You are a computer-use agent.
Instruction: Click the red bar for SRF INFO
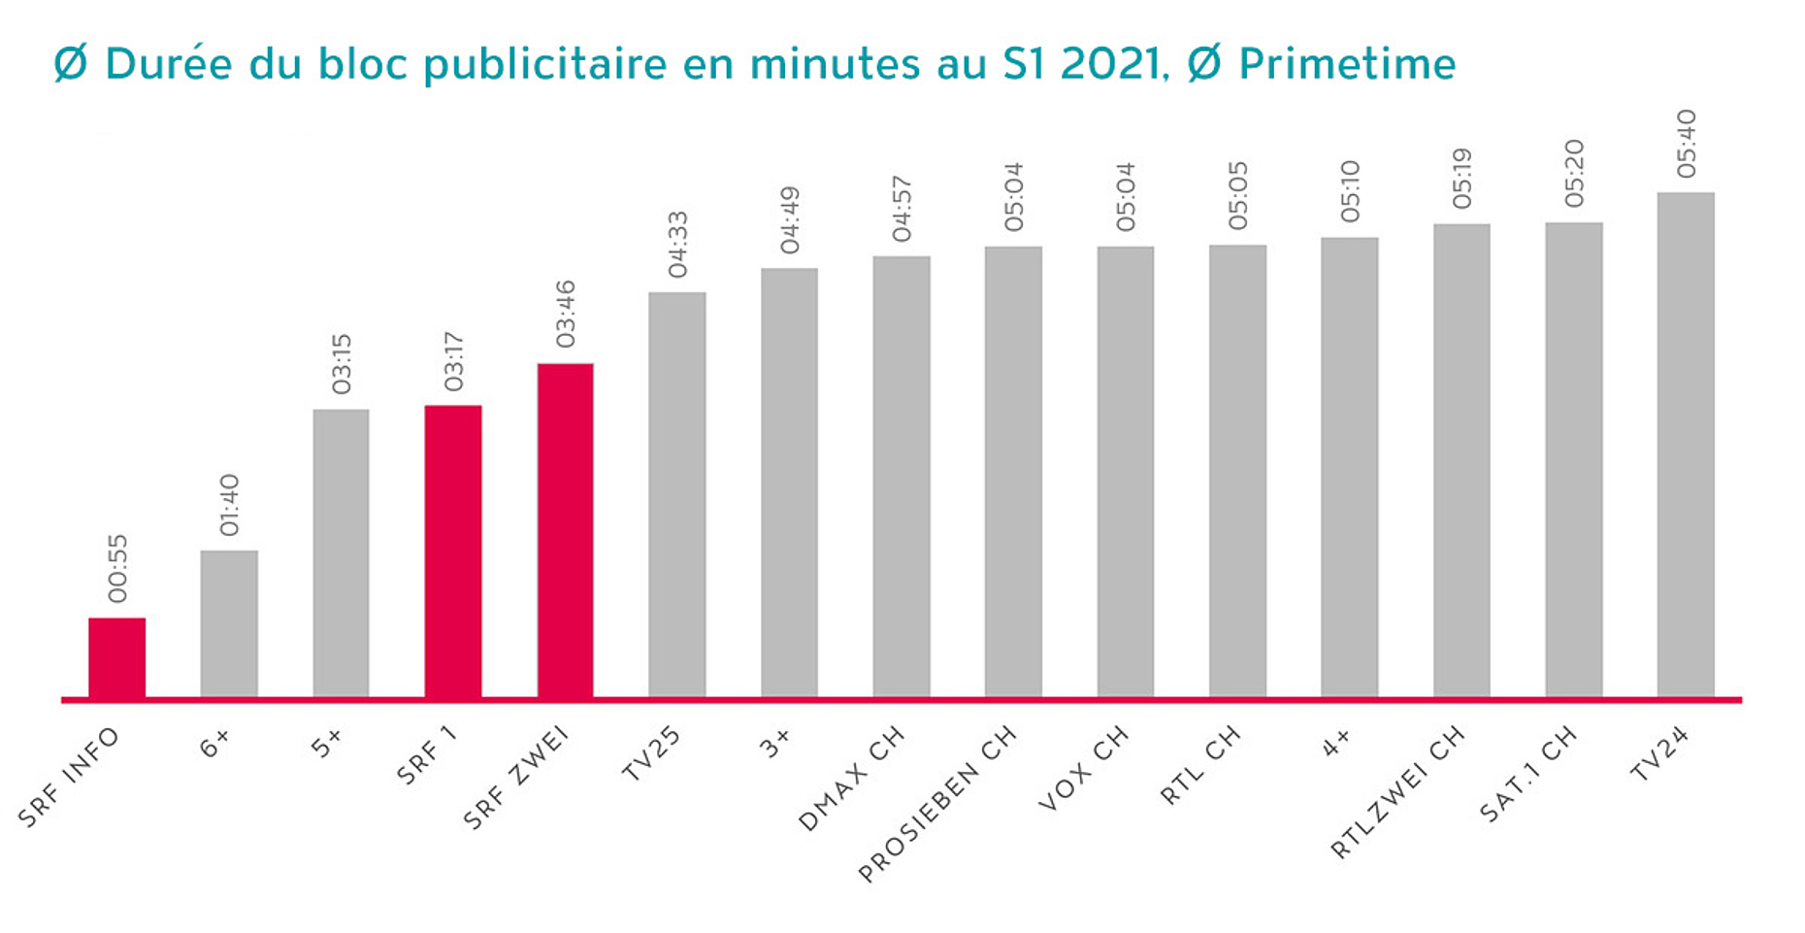pos(116,657)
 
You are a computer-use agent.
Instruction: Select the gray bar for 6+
pos(229,623)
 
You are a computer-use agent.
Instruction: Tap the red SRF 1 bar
pos(452,550)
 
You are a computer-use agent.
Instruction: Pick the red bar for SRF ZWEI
pos(565,530)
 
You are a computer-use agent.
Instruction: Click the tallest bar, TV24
pos(1686,445)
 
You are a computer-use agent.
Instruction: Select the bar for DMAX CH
pos(902,476)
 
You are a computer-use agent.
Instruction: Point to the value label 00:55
pos(117,569)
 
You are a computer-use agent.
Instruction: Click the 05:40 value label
pos(1687,144)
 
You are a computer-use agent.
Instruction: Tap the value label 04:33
pos(677,245)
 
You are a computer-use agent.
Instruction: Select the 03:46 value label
pos(566,314)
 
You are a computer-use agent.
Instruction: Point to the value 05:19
pos(1461,179)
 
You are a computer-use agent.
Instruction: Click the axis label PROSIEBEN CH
pos(937,805)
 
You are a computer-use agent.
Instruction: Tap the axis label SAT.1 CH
pos(1528,775)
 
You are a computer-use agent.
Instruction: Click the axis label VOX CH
pos(1083,768)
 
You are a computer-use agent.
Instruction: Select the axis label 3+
pos(774,744)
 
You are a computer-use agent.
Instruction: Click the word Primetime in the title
pos(1347,65)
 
